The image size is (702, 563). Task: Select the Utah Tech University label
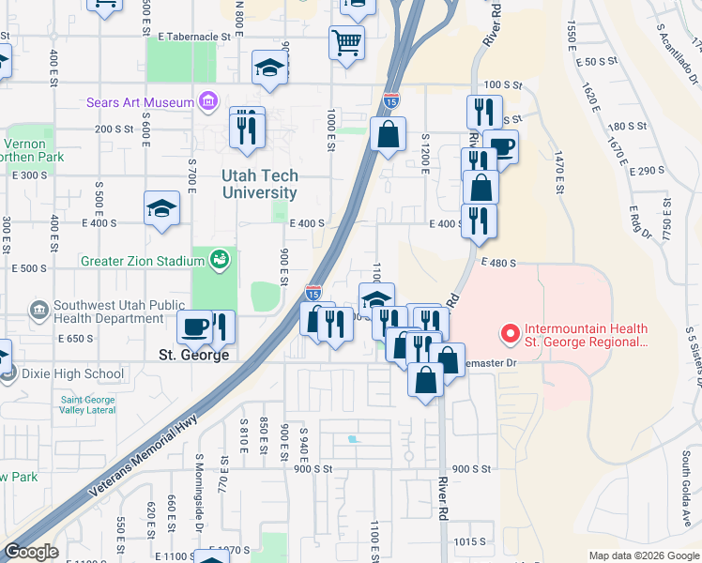click(260, 184)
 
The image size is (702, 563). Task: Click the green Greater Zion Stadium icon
click(220, 258)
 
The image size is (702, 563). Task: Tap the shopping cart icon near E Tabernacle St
click(346, 41)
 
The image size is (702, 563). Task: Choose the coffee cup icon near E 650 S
click(194, 326)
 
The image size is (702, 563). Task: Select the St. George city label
click(193, 356)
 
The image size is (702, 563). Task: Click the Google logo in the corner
click(30, 552)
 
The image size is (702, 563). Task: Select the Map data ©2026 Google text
click(643, 555)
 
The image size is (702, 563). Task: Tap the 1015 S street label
click(468, 541)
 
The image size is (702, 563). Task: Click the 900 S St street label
click(472, 469)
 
